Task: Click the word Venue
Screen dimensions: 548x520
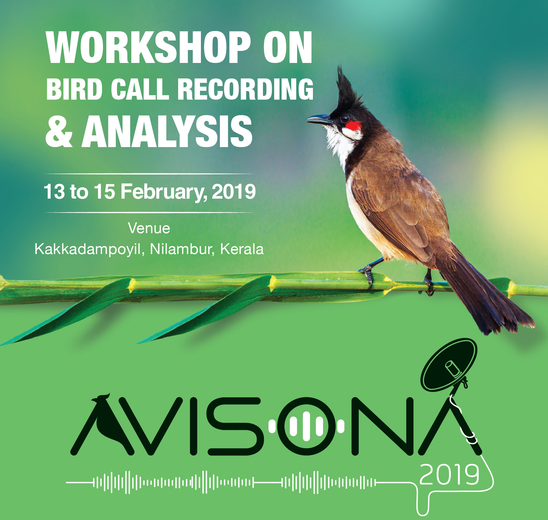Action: click(149, 228)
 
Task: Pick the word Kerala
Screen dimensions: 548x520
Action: click(242, 249)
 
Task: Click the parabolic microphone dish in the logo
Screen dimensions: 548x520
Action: click(449, 364)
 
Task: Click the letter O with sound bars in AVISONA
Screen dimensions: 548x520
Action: click(306, 426)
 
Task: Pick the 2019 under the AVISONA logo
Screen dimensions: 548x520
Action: click(449, 475)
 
